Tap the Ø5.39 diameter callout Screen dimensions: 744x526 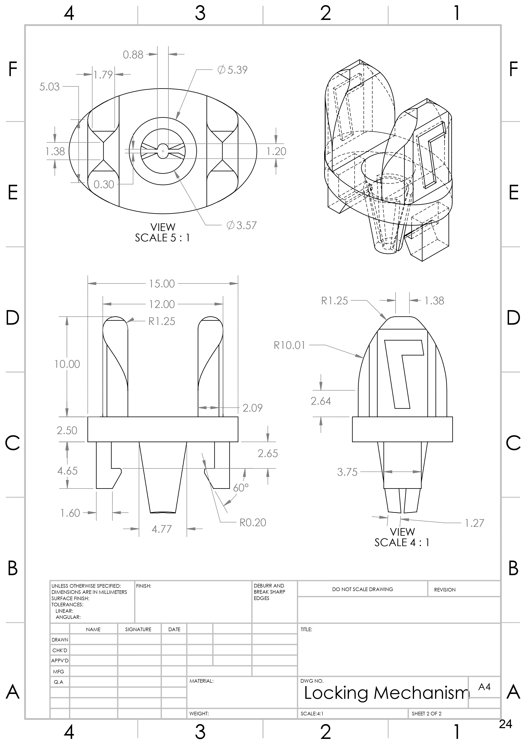pyautogui.click(x=233, y=70)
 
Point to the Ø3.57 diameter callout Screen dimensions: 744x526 pyautogui.click(x=242, y=225)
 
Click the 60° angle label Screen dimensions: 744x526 pyautogui.click(x=241, y=488)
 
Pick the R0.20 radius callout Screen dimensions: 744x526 pyautogui.click(x=253, y=522)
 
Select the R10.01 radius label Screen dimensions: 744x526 pyautogui.click(x=289, y=345)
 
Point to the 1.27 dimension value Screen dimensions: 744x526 pyautogui.click(x=474, y=523)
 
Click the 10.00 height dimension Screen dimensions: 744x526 pyautogui.click(x=67, y=364)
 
